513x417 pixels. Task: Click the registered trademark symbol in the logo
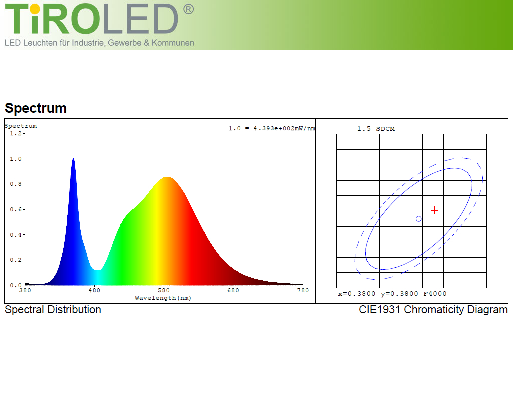pos(188,9)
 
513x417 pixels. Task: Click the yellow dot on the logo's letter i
pos(35,9)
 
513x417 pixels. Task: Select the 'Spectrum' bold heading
pos(36,108)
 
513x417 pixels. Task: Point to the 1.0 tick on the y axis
pos(23,159)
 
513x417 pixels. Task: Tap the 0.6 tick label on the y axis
pos(16,209)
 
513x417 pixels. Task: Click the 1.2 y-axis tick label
pos(16,133)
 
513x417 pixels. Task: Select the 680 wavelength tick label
pos(233,290)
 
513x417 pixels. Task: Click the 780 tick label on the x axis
pos(303,290)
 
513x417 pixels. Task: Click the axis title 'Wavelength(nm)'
pos(163,298)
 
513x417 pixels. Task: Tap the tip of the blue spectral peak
pos(73,159)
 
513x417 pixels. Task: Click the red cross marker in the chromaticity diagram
pos(434,210)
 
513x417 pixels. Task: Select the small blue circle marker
pos(418,219)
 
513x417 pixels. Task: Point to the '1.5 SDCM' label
pos(376,129)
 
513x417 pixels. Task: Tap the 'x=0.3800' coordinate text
pos(357,294)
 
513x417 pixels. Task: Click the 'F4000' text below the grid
pos(435,294)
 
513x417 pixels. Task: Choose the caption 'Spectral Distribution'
pos(53,310)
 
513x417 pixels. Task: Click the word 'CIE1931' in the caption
pos(380,309)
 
